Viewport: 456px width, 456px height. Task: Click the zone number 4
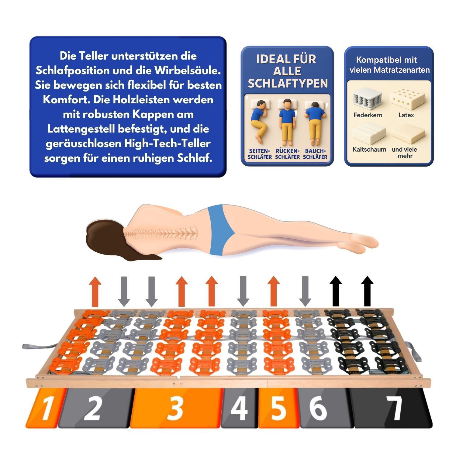[240, 408]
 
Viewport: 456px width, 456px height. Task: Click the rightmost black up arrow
[367, 291]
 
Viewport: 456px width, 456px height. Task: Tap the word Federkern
[368, 115]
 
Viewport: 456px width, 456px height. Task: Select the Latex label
[406, 115]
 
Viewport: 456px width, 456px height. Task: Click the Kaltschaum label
[369, 150]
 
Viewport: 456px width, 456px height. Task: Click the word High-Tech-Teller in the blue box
[168, 143]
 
